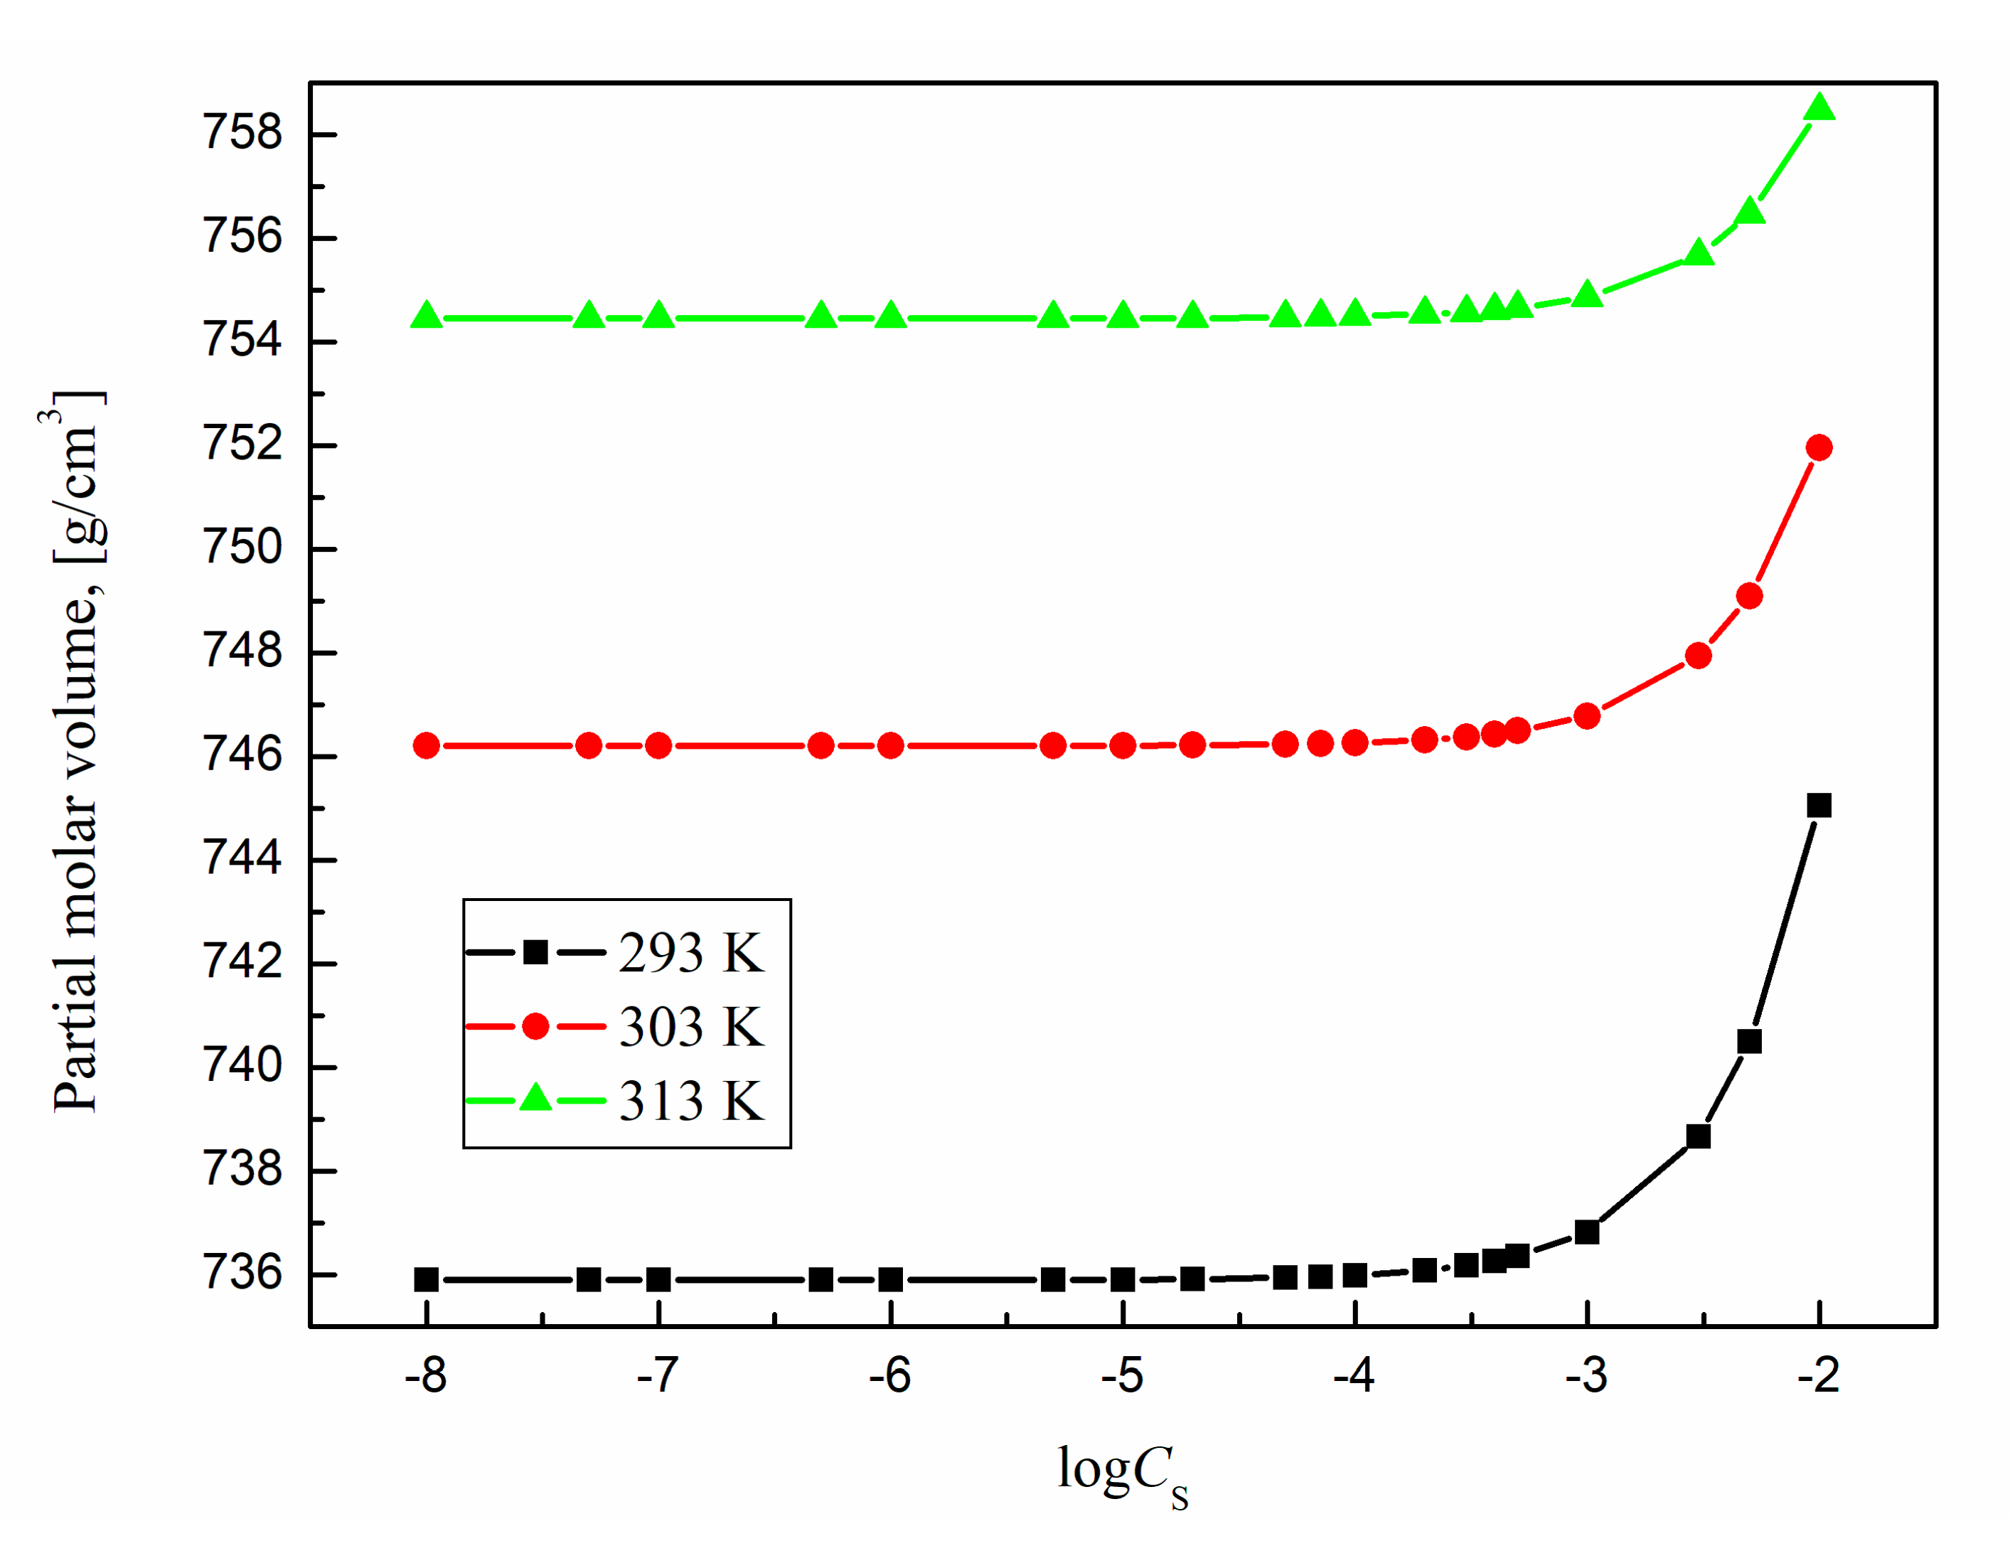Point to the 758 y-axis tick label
tap(242, 133)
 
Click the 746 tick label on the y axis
tap(242, 756)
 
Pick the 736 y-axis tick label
tap(242, 1274)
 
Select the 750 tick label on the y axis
tap(242, 548)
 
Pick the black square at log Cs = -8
tap(427, 1279)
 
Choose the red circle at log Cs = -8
tap(427, 746)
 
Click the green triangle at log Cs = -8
tap(427, 316)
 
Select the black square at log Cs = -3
tap(1586, 1232)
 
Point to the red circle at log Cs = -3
tap(1586, 716)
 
